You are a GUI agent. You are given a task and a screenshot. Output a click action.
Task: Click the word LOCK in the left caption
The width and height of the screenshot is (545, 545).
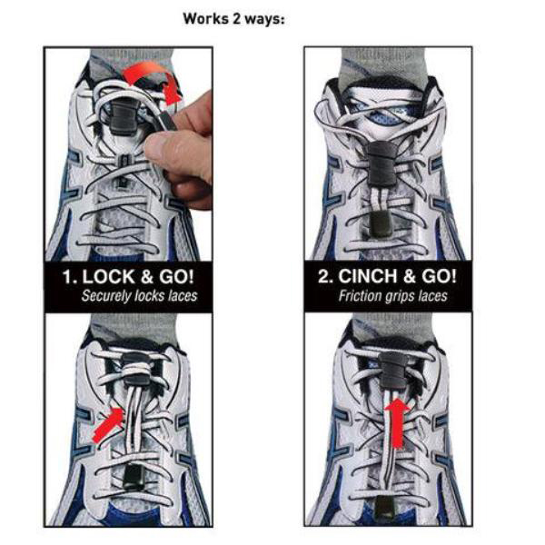pyautogui.click(x=108, y=277)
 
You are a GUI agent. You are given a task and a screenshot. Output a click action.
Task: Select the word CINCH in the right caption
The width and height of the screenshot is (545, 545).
pyautogui.click(x=368, y=277)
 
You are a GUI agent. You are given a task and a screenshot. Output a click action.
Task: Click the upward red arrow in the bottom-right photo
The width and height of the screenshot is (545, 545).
pyautogui.click(x=398, y=422)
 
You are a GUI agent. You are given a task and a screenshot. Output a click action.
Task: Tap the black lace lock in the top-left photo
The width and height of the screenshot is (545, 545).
pyautogui.click(x=124, y=116)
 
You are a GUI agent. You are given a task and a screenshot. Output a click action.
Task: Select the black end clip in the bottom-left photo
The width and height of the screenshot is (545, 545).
pyautogui.click(x=134, y=477)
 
